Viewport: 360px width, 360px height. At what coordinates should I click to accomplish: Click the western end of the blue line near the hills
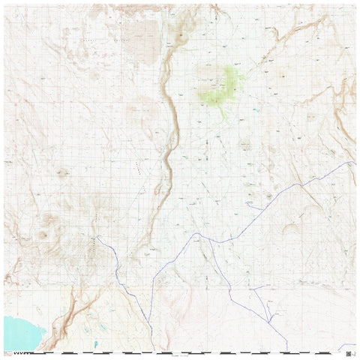(97, 237)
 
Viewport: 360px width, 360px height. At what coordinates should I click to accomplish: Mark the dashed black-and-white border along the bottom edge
(180, 352)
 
